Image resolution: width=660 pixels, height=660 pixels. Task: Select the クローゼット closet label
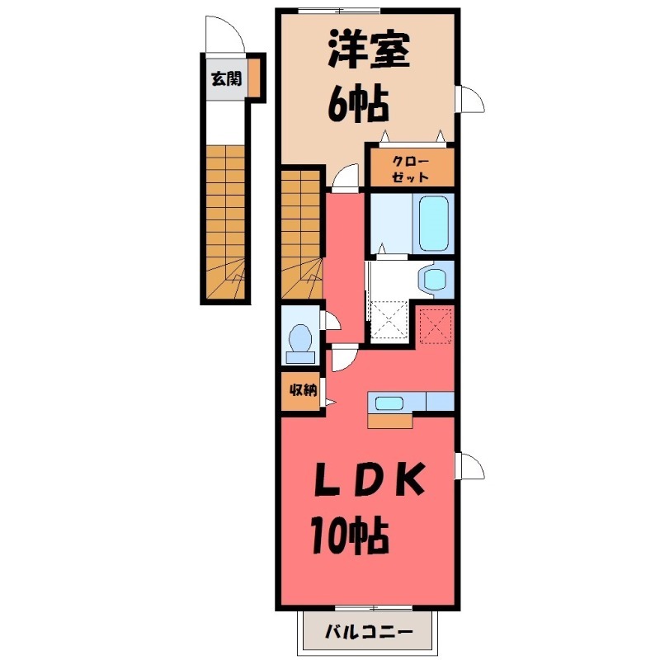[x=410, y=167]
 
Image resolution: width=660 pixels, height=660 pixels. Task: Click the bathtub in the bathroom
[x=433, y=223]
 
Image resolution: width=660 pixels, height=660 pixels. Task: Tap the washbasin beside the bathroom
[x=432, y=278]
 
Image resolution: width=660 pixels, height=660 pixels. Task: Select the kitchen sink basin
[x=389, y=403]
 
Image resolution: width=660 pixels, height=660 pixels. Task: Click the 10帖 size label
[x=350, y=537]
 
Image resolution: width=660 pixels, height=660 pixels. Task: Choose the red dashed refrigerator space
[x=435, y=324]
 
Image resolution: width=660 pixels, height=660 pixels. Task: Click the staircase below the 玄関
[x=224, y=220]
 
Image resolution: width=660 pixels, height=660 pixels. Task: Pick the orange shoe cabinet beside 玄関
[x=255, y=79]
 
